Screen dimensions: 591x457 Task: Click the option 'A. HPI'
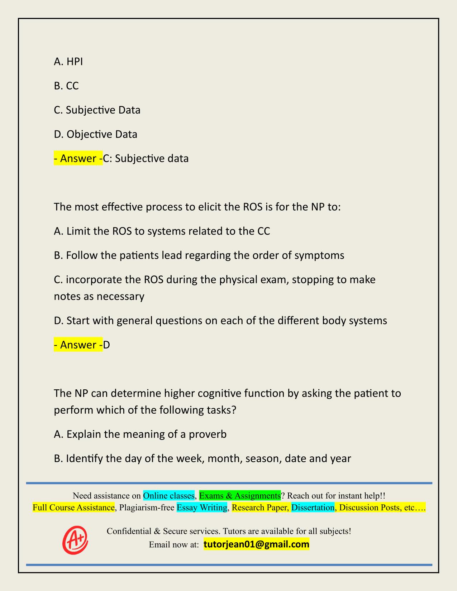pos(68,62)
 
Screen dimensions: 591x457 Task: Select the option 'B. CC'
pos(66,86)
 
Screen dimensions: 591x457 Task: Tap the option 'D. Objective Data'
pos(95,134)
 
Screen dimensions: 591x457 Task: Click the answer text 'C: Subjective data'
pos(146,158)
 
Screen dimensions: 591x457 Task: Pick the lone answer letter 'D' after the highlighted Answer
pos(106,345)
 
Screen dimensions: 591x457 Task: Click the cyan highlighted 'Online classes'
pos(168,496)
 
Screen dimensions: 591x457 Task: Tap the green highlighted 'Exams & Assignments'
pos(240,496)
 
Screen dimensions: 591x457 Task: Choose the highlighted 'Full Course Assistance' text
pos(73,508)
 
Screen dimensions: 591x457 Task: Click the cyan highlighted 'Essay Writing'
pos(202,508)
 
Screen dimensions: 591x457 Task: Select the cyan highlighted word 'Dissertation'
pos(313,508)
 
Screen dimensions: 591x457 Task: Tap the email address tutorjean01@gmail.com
pos(256,544)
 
